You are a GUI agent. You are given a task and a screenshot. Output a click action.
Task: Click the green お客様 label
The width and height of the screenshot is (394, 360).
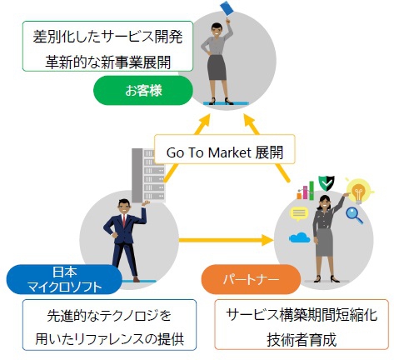coord(143,91)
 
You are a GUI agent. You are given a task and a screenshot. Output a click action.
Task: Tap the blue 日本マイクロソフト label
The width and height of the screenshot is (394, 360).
coord(64,279)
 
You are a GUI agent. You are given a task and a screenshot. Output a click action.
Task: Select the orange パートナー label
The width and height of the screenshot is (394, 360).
coord(251,279)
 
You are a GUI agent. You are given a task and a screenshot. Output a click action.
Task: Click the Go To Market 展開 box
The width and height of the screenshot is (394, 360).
coord(224,149)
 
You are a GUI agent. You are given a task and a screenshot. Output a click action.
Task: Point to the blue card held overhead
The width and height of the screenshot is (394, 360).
coord(227,8)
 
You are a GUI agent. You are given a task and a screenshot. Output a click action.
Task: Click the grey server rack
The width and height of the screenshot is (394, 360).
coord(148,175)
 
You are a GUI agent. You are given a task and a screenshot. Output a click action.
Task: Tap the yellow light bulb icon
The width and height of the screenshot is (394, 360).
coord(359,191)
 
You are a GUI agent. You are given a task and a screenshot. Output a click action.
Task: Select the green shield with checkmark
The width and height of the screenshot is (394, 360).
coord(327,183)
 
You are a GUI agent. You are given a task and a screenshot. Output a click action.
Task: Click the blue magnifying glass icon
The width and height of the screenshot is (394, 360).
coord(354,216)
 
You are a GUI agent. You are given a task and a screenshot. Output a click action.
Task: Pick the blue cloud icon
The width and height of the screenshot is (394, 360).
coord(299,237)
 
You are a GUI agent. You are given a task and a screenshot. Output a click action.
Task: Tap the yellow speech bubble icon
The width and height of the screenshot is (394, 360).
coord(299,214)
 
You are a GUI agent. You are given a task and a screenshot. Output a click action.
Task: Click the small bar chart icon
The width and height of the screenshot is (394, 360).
coord(306,191)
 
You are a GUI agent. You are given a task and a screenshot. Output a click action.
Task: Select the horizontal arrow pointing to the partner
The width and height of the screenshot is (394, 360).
coord(226,240)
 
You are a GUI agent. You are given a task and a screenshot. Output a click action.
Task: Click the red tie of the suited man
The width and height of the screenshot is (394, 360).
coord(124,221)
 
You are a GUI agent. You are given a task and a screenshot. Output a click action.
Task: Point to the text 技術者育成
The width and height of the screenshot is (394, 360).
coord(302,339)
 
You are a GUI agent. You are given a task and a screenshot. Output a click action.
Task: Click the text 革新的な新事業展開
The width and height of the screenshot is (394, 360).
coord(108,62)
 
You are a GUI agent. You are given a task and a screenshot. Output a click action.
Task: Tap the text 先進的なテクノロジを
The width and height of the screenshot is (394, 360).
coord(109,316)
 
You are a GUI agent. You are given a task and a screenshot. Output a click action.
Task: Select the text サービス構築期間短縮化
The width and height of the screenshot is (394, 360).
coord(302,315)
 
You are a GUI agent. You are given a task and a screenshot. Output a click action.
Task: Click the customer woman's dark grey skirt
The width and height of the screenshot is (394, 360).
coord(217,67)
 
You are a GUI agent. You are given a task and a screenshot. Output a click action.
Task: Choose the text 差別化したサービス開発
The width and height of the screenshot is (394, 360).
coord(107,37)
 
